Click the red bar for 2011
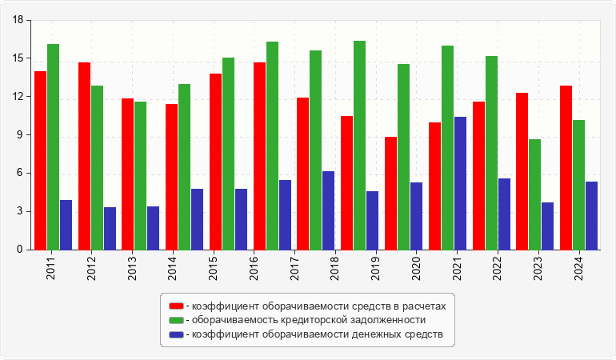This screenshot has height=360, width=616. (40, 160)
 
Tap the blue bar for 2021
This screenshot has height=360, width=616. (460, 183)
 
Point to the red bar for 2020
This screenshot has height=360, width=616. (390, 193)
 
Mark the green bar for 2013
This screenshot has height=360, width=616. (140, 175)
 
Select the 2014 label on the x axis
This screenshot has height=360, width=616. (173, 266)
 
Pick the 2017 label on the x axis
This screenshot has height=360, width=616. (294, 266)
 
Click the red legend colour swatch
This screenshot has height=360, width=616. (176, 306)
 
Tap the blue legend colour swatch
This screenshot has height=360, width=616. (176, 334)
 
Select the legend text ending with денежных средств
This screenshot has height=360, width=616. (317, 334)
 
